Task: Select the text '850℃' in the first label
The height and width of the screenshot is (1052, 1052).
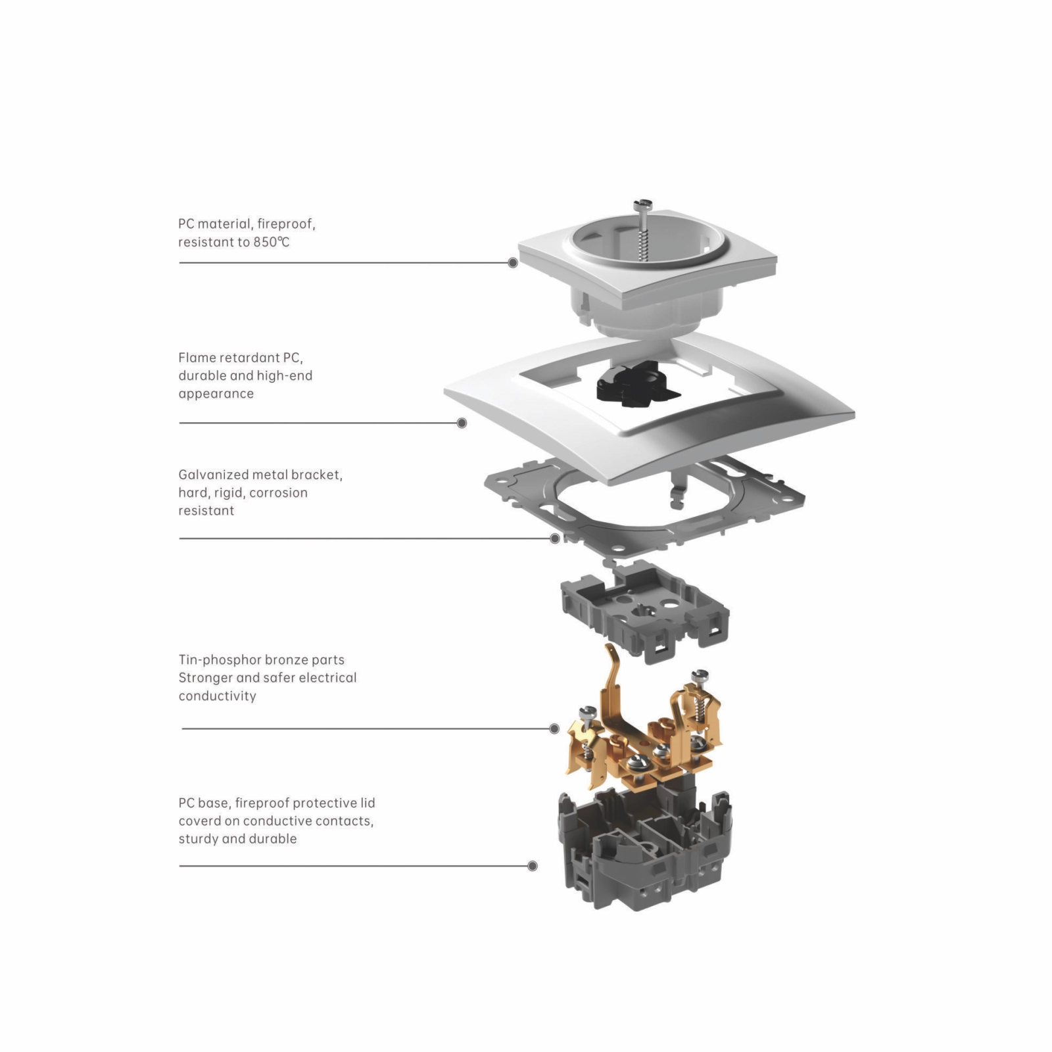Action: point(271,242)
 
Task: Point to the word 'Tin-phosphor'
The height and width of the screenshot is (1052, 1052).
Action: point(220,660)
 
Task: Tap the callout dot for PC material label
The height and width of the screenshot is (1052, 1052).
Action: point(513,263)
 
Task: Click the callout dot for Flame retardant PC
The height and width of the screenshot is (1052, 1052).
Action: point(462,423)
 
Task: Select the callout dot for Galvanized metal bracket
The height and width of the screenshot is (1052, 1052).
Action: point(555,538)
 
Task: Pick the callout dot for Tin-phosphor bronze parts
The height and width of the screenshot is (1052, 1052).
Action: point(554,729)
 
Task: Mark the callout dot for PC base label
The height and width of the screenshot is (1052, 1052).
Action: point(533,866)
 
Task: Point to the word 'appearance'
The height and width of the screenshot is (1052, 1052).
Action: point(216,394)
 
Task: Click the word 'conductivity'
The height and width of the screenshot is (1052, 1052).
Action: point(217,696)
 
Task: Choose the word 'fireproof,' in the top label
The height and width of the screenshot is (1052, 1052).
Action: point(286,224)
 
